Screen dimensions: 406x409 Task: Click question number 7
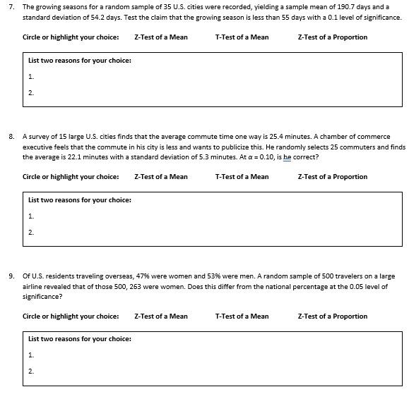click(x=11, y=6)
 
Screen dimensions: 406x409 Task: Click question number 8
click(x=11, y=136)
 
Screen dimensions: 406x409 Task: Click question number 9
click(x=11, y=276)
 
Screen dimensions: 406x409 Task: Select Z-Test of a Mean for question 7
click(x=160, y=37)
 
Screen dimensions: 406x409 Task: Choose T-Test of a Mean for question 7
click(x=242, y=37)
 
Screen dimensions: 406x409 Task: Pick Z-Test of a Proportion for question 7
click(x=332, y=37)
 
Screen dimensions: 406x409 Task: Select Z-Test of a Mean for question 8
click(x=160, y=177)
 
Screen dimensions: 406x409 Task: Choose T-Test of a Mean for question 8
click(x=242, y=177)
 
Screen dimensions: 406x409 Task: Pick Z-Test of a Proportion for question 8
click(x=332, y=177)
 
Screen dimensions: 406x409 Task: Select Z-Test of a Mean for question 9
click(x=160, y=316)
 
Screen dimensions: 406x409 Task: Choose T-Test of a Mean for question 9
click(x=242, y=316)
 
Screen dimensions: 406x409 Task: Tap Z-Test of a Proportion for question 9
click(x=332, y=316)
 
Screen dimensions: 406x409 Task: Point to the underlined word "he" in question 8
click(x=287, y=157)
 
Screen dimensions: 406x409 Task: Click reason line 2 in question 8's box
click(x=31, y=232)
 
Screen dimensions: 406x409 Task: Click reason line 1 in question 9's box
click(x=31, y=355)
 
